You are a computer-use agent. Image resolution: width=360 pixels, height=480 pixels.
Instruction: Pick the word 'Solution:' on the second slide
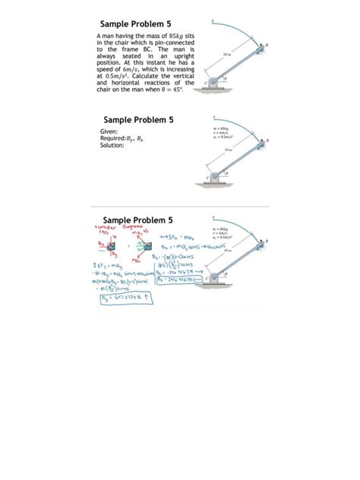coord(112,145)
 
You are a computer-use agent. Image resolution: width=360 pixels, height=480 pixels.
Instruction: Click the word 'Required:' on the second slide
coord(115,138)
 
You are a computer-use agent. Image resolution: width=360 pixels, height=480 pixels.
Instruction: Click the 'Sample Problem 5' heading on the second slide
coord(138,120)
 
